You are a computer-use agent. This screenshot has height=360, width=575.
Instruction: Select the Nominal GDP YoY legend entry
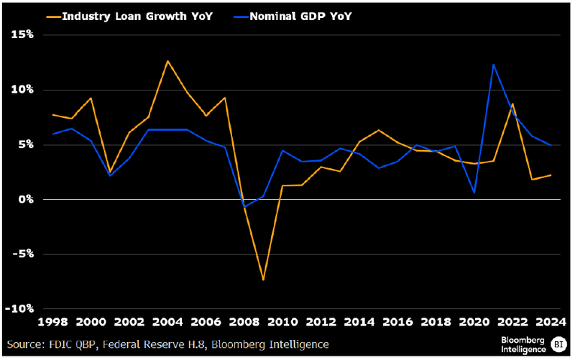click(x=295, y=15)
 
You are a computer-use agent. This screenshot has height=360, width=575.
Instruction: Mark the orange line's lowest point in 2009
click(x=264, y=280)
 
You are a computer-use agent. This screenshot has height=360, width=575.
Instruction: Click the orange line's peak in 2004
click(x=167, y=61)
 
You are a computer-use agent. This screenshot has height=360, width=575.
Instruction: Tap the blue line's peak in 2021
click(x=494, y=65)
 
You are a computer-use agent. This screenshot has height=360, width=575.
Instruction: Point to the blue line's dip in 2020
click(x=474, y=193)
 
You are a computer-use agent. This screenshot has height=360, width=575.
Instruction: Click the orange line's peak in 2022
click(x=512, y=104)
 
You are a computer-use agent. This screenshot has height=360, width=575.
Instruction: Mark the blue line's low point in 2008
click(x=244, y=207)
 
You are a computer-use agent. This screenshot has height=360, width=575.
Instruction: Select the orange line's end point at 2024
click(x=551, y=175)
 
